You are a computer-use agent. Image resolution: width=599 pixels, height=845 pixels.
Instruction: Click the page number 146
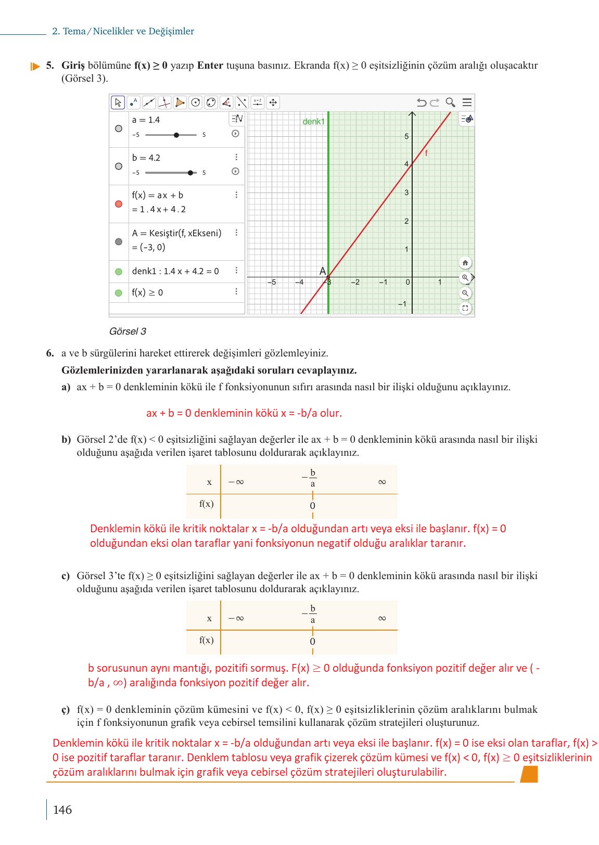[x=62, y=810]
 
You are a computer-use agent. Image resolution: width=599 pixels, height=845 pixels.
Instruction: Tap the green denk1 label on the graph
[x=313, y=122]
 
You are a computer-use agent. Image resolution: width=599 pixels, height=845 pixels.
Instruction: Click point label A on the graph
[x=323, y=271]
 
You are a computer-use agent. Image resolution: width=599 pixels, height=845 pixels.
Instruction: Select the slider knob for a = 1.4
[x=176, y=135]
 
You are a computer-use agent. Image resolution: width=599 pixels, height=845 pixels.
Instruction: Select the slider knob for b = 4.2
[x=190, y=173]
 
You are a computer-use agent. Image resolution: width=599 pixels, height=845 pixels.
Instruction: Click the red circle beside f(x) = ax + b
[x=119, y=204]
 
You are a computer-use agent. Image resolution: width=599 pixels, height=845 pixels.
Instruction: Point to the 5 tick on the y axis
[x=407, y=136]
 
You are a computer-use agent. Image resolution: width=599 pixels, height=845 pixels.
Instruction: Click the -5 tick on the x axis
[x=272, y=283]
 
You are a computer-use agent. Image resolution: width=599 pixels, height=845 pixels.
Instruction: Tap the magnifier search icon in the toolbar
[x=451, y=103]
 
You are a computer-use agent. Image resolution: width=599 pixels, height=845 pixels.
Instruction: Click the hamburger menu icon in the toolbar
[x=467, y=103]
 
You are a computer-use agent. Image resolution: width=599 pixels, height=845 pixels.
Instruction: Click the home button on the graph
[x=465, y=263]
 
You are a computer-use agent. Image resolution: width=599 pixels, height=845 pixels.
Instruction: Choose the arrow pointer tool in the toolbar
[x=118, y=103]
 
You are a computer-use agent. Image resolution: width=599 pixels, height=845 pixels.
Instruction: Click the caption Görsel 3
[x=128, y=331]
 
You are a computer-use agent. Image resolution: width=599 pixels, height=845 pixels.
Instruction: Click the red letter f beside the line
[x=426, y=153]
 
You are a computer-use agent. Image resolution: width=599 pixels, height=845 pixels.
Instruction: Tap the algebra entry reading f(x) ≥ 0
[x=147, y=292]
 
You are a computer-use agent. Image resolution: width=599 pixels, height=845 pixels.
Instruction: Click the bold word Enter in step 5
[x=210, y=66]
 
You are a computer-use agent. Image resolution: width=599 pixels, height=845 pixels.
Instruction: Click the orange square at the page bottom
[x=529, y=774]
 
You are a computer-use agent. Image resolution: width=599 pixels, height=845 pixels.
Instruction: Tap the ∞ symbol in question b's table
[x=382, y=482]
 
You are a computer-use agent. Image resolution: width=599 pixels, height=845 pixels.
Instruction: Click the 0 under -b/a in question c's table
[x=312, y=642]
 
